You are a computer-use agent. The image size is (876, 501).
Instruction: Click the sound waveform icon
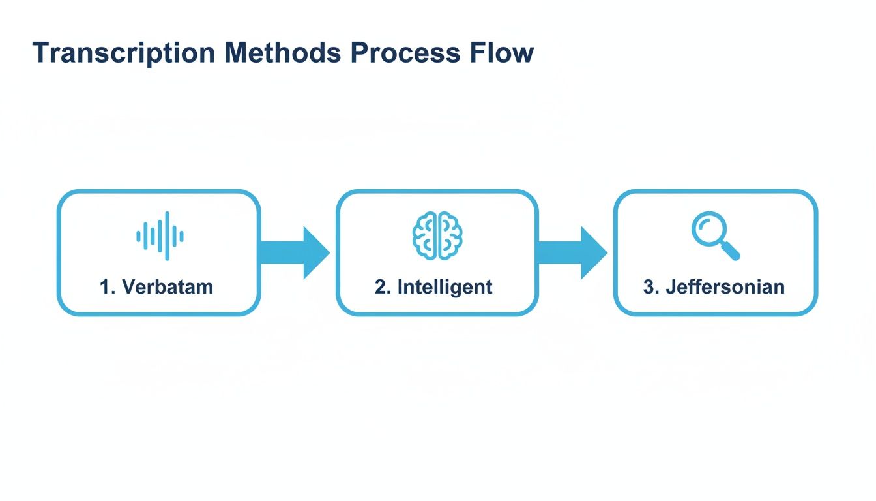(160, 236)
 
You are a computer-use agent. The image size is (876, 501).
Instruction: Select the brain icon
(437, 236)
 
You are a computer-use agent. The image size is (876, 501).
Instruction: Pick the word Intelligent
(445, 286)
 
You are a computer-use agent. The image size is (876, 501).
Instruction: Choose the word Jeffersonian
(725, 286)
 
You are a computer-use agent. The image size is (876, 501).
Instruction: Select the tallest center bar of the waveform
(167, 236)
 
